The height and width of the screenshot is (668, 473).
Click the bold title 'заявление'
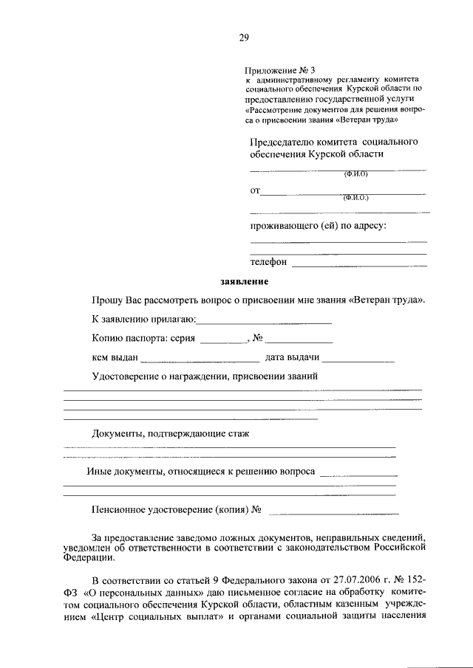(244, 282)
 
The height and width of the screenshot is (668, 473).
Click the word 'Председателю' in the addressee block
(285, 140)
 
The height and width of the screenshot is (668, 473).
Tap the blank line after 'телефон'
(359, 264)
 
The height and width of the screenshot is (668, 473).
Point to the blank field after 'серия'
(223, 341)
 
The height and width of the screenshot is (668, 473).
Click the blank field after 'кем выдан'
(200, 360)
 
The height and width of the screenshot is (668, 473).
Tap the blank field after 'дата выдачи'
(358, 360)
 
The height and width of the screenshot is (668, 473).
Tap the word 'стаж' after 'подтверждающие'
(239, 433)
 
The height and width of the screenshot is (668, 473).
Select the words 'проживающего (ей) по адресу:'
(318, 227)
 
